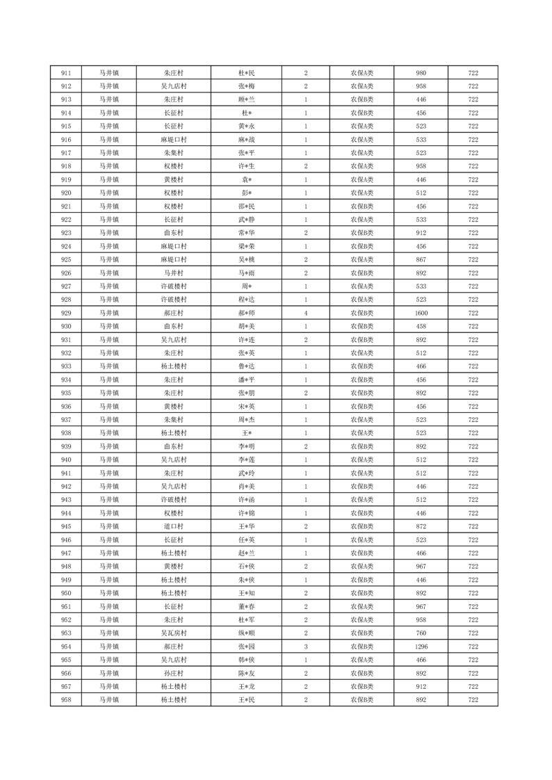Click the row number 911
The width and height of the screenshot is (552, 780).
[66, 73]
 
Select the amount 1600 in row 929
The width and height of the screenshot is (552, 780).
[421, 313]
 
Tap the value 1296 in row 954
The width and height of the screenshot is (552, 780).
[421, 646]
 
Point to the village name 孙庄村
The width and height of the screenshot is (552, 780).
[173, 673]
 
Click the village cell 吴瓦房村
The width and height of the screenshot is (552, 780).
[173, 633]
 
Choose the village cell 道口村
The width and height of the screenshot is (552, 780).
[173, 526]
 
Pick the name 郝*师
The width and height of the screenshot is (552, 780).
[247, 313]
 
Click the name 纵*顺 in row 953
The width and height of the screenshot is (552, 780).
[247, 633]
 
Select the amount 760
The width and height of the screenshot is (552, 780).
[421, 633]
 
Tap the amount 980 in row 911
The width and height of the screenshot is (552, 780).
[421, 73]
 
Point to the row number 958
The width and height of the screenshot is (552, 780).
[66, 699]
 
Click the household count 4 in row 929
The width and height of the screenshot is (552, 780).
[306, 313]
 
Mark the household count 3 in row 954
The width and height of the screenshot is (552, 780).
[306, 646]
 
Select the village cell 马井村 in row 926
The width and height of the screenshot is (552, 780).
[173, 273]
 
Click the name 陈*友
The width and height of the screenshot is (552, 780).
[247, 673]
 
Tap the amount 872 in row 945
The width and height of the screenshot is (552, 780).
[421, 526]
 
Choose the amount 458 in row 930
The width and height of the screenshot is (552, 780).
[421, 326]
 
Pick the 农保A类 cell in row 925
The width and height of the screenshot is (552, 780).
[362, 259]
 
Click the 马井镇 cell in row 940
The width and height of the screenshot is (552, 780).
[108, 460]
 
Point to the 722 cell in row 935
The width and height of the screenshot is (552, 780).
[473, 393]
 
